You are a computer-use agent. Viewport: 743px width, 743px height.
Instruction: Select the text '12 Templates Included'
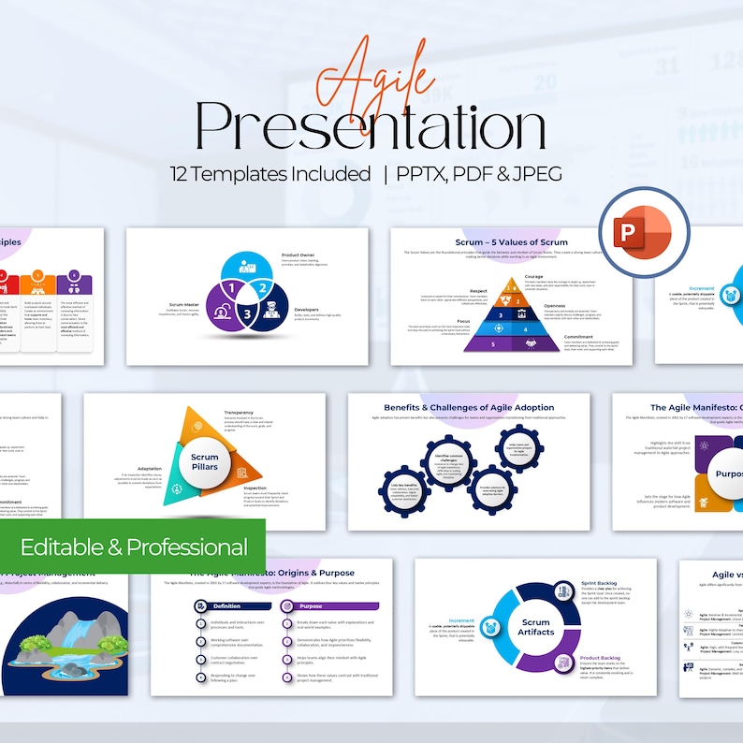point(270,174)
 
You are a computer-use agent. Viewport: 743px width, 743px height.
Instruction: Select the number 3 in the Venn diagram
point(248,315)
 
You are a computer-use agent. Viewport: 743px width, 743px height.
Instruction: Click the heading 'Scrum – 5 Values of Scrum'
point(511,242)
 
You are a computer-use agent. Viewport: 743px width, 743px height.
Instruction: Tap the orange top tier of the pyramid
point(511,286)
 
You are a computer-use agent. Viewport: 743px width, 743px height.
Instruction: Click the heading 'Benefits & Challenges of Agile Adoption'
point(469,408)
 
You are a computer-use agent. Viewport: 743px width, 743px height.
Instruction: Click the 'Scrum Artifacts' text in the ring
point(535,627)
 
